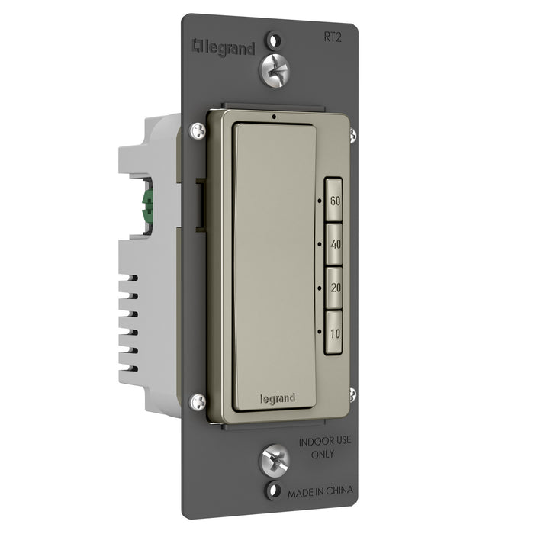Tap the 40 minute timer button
point(333,244)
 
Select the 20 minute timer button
point(333,288)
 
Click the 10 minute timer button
point(333,333)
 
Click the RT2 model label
point(332,37)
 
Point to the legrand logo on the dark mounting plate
point(224,48)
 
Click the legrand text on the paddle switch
point(278,398)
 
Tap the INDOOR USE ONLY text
point(324,447)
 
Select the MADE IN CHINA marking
point(320,492)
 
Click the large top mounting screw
point(275,71)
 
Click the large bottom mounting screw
point(275,461)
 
